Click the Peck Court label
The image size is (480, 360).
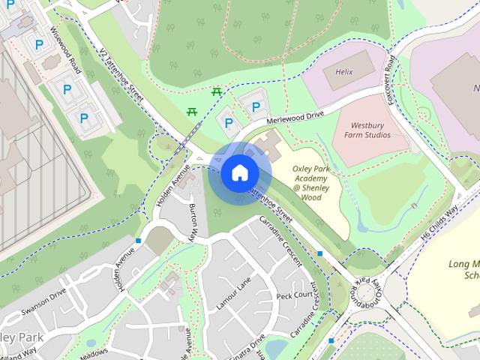[293, 295]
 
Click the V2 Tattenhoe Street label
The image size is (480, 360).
[121, 74]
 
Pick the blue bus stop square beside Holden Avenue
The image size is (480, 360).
[139, 241]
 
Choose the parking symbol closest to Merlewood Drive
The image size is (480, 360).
[256, 107]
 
